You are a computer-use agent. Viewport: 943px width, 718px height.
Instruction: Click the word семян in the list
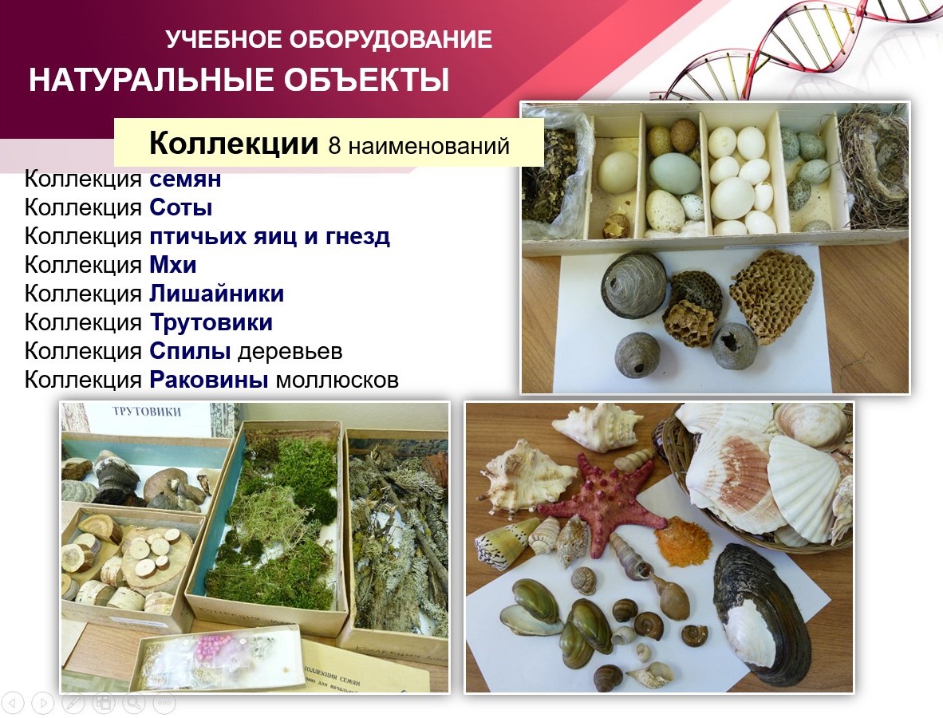[x=185, y=179]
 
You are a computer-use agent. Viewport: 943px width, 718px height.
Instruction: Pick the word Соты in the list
[x=180, y=208]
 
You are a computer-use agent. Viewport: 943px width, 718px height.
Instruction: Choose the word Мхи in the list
[x=172, y=265]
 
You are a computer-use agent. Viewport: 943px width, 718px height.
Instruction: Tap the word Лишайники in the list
[x=216, y=294]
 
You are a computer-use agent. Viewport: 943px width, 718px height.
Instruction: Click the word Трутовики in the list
[x=211, y=322]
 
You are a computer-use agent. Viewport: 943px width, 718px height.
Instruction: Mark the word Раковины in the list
[x=209, y=380]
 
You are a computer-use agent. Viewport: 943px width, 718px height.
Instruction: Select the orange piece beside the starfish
[x=684, y=542]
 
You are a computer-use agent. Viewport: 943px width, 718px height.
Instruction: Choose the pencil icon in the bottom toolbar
[x=73, y=703]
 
